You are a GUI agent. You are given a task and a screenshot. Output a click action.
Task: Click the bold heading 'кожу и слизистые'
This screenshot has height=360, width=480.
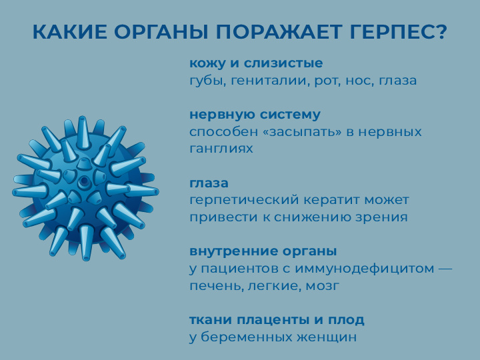(x=256, y=63)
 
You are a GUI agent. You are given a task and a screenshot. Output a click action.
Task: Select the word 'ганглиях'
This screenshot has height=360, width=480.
(x=221, y=149)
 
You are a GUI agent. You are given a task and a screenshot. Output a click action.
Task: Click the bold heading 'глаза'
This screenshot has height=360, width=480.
(x=209, y=183)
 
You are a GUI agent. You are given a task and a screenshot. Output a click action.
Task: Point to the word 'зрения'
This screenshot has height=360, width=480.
(x=383, y=217)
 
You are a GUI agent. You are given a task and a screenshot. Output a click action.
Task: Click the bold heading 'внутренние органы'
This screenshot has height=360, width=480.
(x=263, y=251)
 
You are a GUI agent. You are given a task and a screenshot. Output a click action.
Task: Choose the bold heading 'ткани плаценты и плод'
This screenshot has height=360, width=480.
(x=277, y=320)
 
